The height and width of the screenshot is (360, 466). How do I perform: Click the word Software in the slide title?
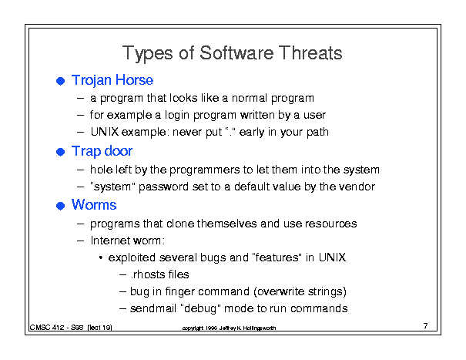[236, 53]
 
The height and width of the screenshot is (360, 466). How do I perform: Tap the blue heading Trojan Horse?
[112, 81]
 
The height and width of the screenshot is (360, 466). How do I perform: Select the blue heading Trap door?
[102, 151]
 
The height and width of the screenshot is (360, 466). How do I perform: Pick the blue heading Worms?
[94, 205]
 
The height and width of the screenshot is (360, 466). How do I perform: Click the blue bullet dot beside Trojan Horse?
[61, 81]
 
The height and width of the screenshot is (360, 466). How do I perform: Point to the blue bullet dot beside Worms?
[61, 206]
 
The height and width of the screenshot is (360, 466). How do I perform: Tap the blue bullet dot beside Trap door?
[61, 152]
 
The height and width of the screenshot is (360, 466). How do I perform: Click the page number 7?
[426, 326]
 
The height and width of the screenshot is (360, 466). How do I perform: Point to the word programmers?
[204, 170]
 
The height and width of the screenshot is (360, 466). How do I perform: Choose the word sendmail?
[153, 308]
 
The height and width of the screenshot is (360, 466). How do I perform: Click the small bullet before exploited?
[101, 257]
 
